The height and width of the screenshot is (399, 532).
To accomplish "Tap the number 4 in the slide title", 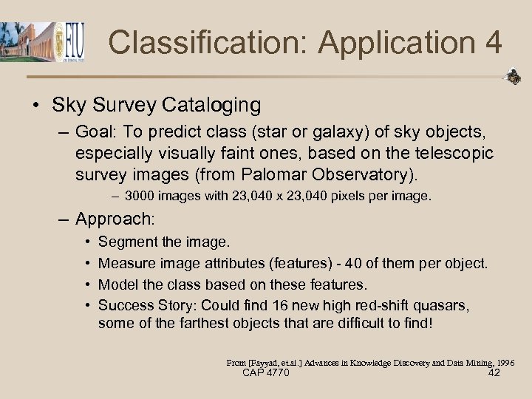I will tap(493, 42).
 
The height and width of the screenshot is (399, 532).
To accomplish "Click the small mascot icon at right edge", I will tap(512, 76).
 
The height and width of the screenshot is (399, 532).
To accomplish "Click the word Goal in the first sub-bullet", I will tap(95, 134).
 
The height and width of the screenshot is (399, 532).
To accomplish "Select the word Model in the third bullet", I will tap(117, 284).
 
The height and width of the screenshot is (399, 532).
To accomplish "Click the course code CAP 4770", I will tap(265, 373).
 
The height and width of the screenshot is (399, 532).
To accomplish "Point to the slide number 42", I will tap(494, 373).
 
